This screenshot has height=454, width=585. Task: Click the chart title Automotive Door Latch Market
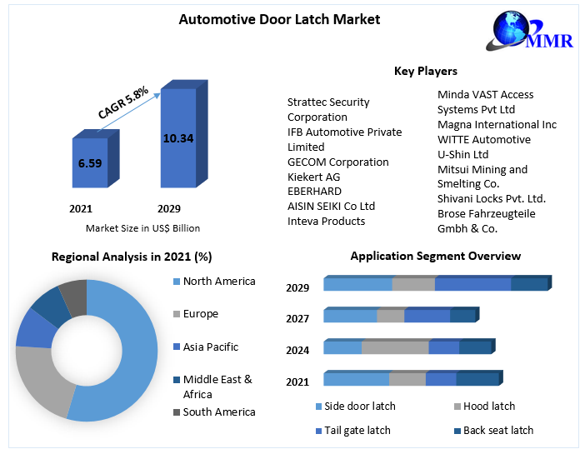coord(267,19)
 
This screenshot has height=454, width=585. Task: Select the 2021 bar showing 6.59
coord(89,163)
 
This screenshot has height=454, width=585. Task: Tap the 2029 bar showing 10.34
coord(177,138)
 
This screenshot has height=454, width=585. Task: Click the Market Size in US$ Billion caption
coord(142,228)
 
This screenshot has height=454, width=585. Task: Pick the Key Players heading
coord(425,72)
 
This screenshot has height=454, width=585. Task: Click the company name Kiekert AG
coord(314,177)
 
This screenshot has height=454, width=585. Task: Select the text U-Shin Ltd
coord(463,154)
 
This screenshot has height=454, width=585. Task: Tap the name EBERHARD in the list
coord(315,192)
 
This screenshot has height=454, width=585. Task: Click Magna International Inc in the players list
coord(497,124)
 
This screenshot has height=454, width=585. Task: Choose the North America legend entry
coord(219,282)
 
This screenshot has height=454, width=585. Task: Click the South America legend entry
coord(219,412)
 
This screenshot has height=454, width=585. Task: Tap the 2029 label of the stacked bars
coord(297,288)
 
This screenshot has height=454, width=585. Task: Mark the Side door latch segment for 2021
coord(356,380)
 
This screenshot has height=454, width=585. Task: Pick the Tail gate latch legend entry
coord(358,431)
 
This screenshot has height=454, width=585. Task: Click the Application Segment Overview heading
coord(435,257)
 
